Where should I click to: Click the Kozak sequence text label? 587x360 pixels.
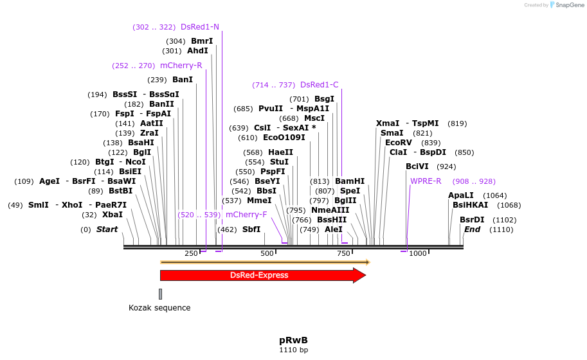pyautogui.click(x=159, y=307)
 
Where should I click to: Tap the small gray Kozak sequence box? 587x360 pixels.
pyautogui.click(x=161, y=294)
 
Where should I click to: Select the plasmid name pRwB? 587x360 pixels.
pyautogui.click(x=293, y=339)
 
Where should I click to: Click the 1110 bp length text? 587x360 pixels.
pyautogui.click(x=293, y=350)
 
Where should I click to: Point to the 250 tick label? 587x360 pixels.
pyautogui.click(x=191, y=253)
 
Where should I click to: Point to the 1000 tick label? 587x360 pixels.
pyautogui.click(x=418, y=253)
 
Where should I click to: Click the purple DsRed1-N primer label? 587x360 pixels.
pyautogui.click(x=200, y=27)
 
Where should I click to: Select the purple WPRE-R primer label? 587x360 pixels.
pyautogui.click(x=426, y=181)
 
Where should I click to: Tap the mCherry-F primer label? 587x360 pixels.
pyautogui.click(x=246, y=214)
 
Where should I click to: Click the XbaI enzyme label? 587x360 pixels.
pyautogui.click(x=112, y=215)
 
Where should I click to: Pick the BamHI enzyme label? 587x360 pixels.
pyautogui.click(x=349, y=181)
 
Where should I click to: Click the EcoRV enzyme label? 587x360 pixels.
pyautogui.click(x=398, y=143)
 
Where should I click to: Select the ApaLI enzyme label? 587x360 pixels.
pyautogui.click(x=461, y=195)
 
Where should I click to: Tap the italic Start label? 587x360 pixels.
pyautogui.click(x=107, y=230)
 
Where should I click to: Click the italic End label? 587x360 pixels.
pyautogui.click(x=472, y=230)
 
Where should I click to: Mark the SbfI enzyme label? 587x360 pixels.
pyautogui.click(x=251, y=230)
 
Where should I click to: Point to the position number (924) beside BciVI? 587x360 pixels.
pyautogui.click(x=446, y=166)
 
